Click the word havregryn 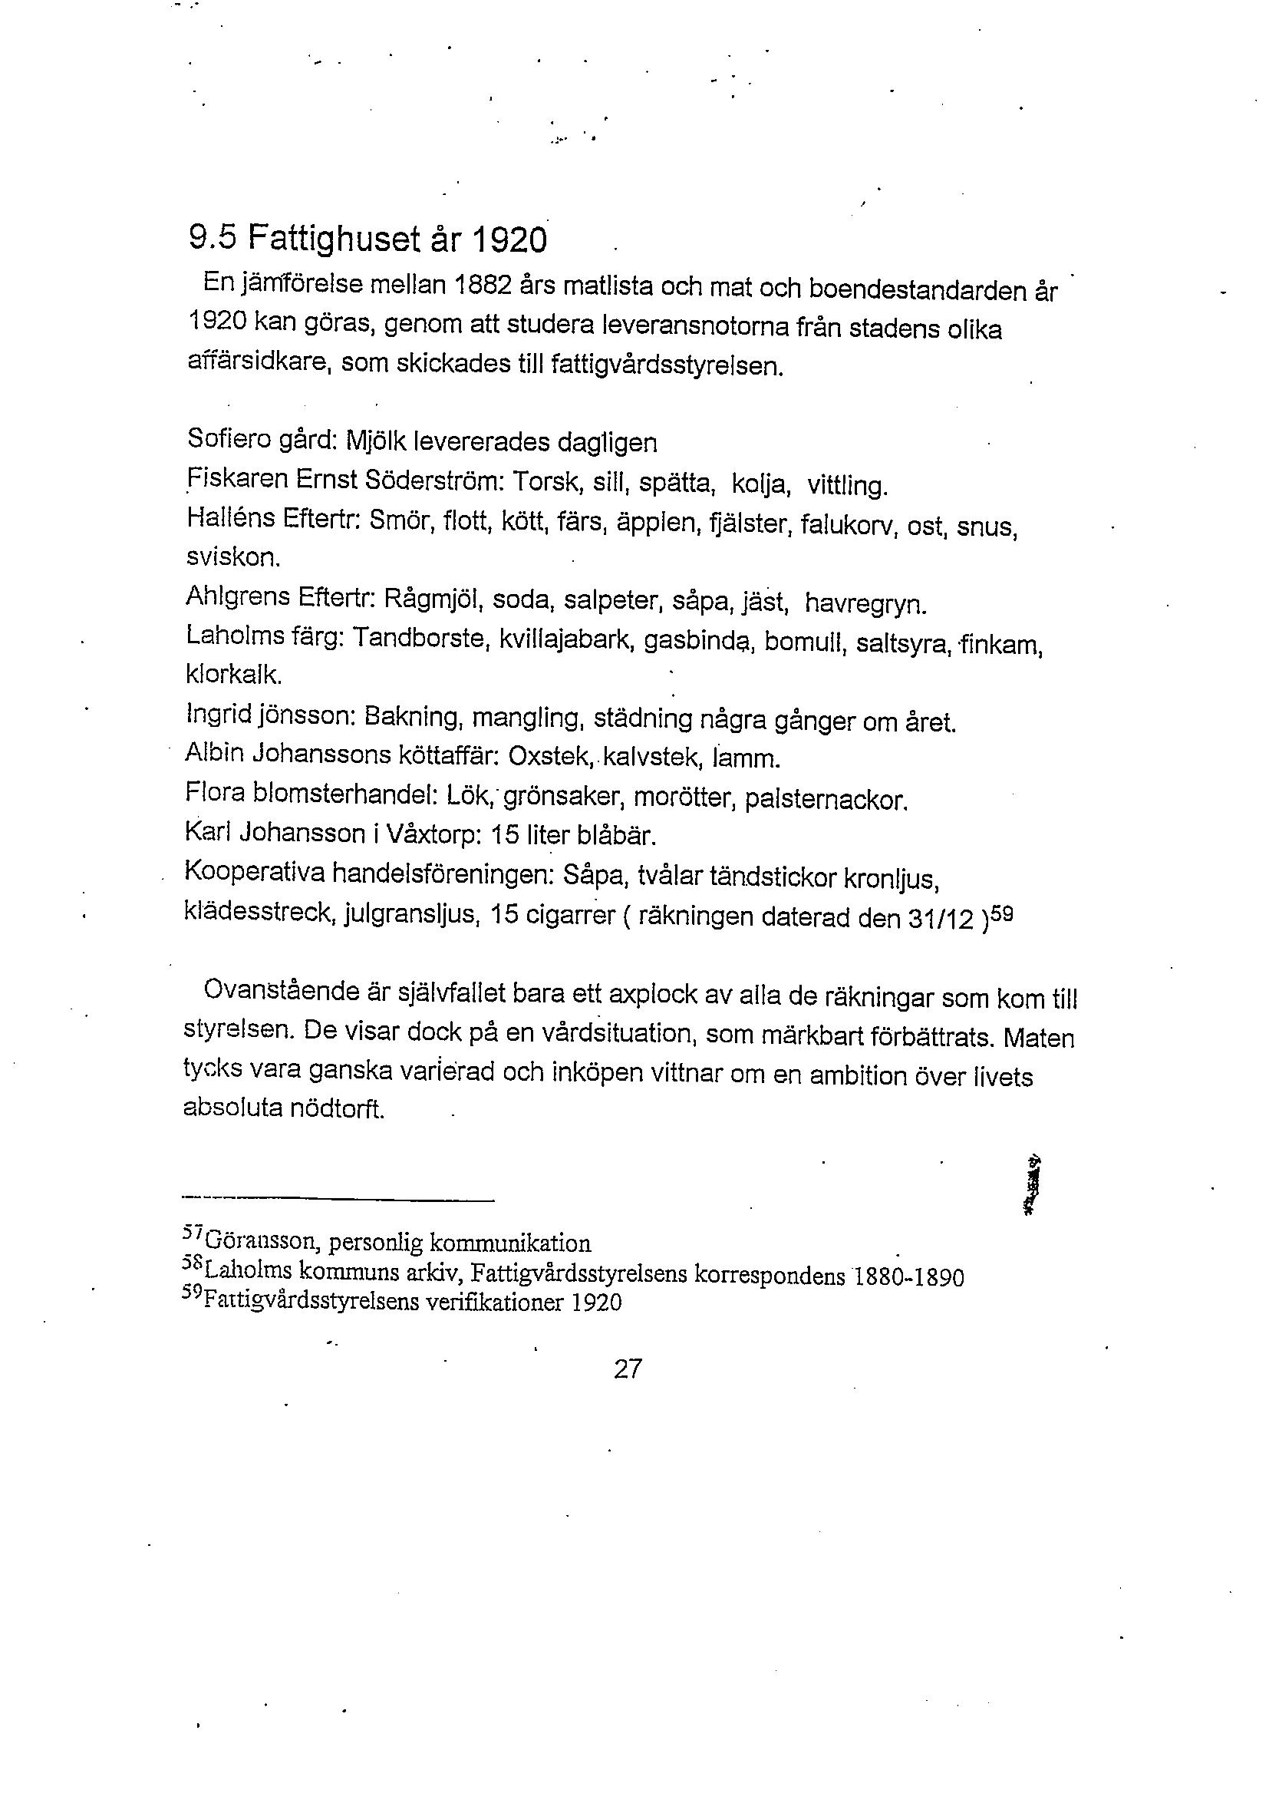(x=864, y=603)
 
